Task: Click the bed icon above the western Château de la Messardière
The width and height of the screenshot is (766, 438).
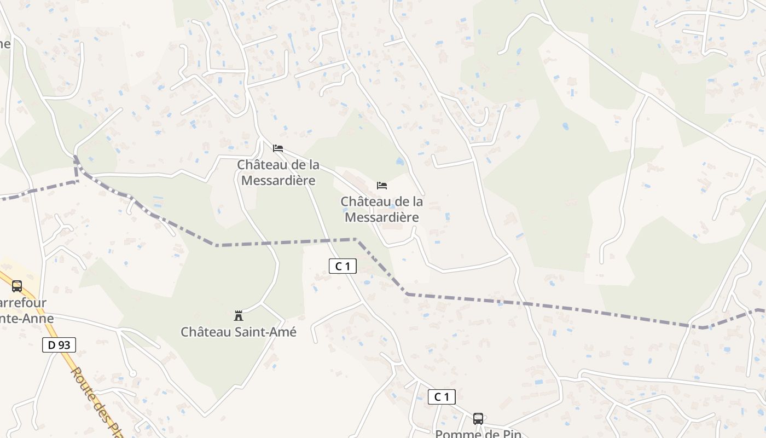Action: (278, 148)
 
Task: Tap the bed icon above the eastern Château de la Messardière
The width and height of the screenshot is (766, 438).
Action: (382, 186)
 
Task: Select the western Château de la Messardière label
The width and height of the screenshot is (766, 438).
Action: (278, 172)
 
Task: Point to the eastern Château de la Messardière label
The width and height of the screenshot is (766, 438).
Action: (382, 209)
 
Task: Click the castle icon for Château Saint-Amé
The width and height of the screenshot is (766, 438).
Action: (239, 316)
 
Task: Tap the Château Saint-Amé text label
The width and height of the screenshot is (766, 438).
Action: (239, 332)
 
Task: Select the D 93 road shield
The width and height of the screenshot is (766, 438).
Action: (59, 345)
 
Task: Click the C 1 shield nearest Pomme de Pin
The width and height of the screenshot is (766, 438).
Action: (442, 397)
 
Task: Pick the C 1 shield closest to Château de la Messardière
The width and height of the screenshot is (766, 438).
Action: (343, 267)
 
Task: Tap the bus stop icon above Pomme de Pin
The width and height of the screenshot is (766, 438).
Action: (478, 419)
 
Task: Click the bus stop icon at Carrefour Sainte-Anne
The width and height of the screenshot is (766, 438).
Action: (17, 286)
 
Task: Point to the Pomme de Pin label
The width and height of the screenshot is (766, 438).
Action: (478, 434)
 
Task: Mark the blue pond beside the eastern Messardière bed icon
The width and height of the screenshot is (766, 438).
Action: (400, 162)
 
